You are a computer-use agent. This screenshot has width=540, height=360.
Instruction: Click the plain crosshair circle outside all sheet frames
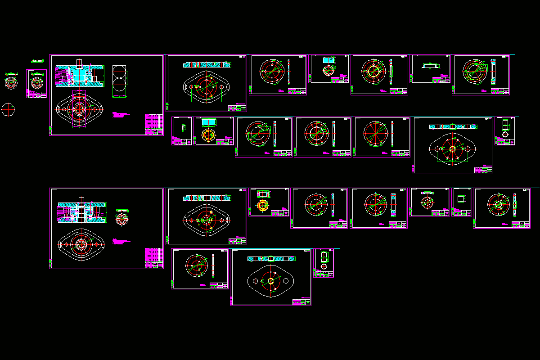[x=8, y=109]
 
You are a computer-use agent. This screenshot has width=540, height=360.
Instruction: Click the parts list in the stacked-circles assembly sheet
[x=154, y=124]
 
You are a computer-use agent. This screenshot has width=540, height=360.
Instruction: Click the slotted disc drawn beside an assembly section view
[x=121, y=219]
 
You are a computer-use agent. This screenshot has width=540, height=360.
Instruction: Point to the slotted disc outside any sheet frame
[x=11, y=82]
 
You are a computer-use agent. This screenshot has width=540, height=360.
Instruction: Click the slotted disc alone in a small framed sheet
[x=36, y=83]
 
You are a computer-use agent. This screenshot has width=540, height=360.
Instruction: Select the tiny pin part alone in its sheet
[x=183, y=127]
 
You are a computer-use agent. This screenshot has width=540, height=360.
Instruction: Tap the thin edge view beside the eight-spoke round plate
[x=392, y=134]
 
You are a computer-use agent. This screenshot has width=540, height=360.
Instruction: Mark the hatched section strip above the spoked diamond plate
[x=453, y=126]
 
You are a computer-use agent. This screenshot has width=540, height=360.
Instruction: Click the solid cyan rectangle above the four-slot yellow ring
[x=209, y=122]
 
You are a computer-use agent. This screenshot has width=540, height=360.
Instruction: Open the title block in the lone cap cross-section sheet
[x=441, y=80]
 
